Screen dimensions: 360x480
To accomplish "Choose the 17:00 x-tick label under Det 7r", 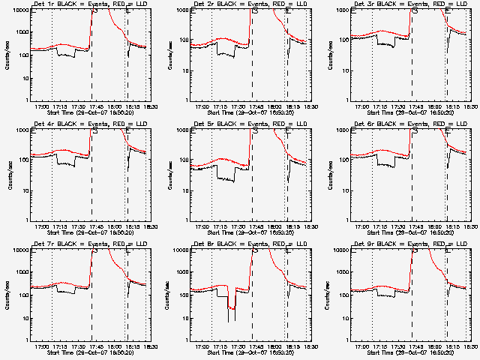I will [x=41, y=347].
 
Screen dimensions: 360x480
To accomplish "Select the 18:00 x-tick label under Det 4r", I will [x=115, y=227].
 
